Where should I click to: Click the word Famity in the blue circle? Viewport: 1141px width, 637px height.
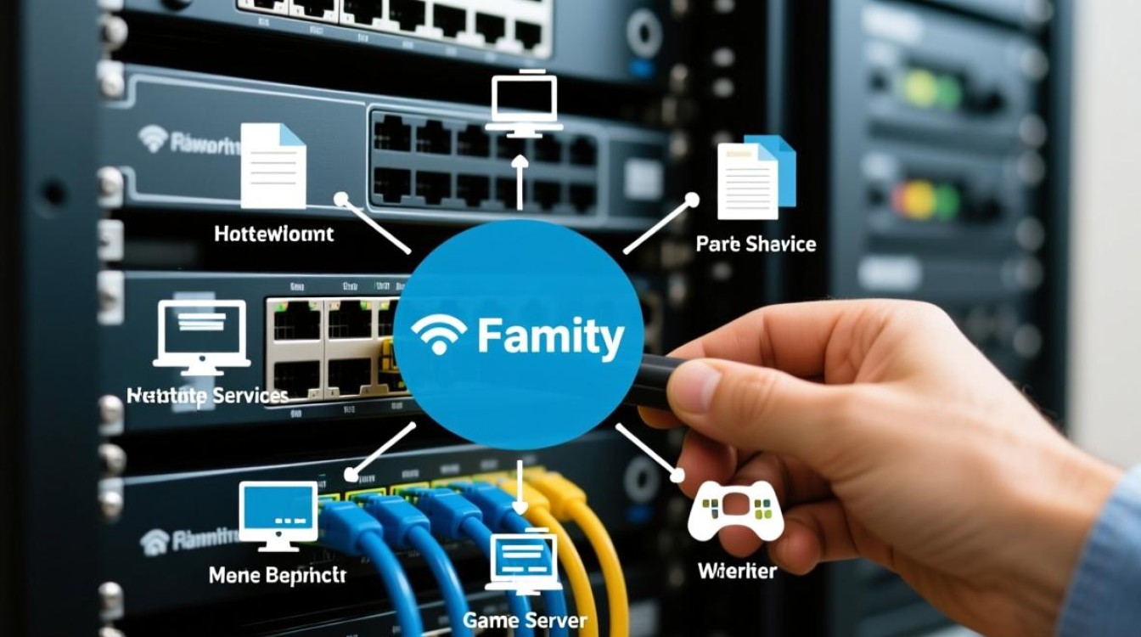[550, 338]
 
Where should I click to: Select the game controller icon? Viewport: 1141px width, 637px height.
[735, 510]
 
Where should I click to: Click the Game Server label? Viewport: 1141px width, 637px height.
[525, 620]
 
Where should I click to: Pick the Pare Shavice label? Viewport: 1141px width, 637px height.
[756, 245]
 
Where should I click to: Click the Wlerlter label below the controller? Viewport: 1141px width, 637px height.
[736, 571]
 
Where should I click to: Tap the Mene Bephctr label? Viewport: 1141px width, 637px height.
[277, 575]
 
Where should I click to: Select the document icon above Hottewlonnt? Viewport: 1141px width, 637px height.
[273, 166]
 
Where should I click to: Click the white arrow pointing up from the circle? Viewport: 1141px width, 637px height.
[520, 183]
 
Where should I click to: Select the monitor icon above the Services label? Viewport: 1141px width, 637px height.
[201, 336]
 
